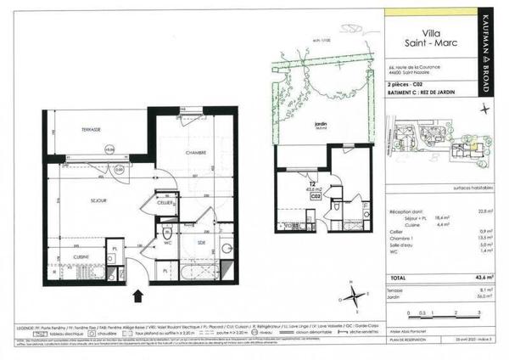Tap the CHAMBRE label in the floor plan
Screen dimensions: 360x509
point(197,152)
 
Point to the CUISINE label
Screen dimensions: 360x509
point(81,256)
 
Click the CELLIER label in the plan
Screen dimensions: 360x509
point(165,202)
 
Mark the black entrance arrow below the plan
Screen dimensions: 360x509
point(138,295)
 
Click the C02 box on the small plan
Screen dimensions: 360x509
point(314,196)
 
